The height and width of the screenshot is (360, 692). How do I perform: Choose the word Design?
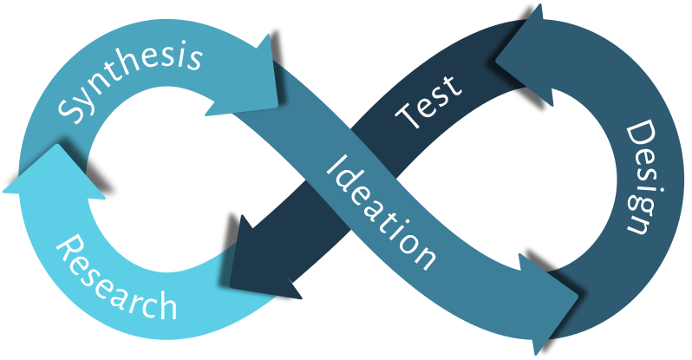pos(638,178)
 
